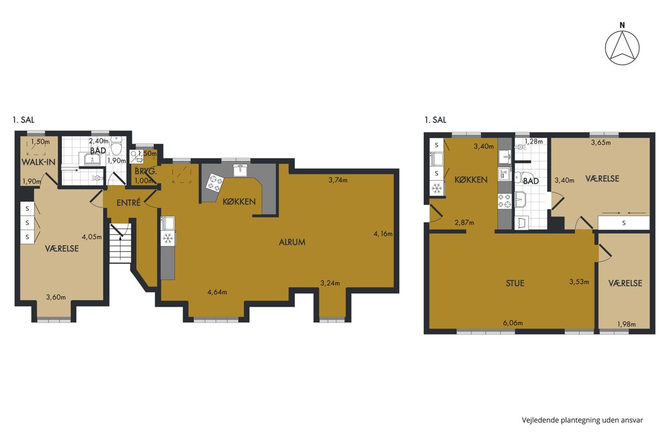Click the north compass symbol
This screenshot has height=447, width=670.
tap(622, 47)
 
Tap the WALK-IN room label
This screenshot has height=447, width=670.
tap(39, 162)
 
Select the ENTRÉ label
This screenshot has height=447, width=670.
tap(128, 203)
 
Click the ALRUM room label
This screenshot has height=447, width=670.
tap(292, 242)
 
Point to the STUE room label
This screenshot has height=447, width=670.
tap(515, 283)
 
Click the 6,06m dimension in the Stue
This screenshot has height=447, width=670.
tap(513, 323)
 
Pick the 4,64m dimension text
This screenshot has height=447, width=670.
tap(217, 292)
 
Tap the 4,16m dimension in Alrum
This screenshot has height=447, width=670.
tap(383, 234)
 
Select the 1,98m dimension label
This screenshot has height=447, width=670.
tap(626, 324)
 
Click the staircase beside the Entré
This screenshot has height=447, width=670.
tap(120, 244)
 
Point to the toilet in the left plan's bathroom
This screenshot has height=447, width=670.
tap(116, 146)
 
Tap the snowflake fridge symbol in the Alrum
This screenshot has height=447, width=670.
tap(168, 239)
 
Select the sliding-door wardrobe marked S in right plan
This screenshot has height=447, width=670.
tap(624, 223)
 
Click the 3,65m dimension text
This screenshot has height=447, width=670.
tap(601, 142)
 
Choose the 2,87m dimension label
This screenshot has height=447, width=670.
tap(464, 222)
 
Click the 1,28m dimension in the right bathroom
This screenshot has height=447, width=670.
tap(534, 141)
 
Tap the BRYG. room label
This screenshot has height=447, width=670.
tap(146, 172)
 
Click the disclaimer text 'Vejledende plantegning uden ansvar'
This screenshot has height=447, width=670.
tap(582, 420)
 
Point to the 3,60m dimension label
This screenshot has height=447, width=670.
tap(56, 297)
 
